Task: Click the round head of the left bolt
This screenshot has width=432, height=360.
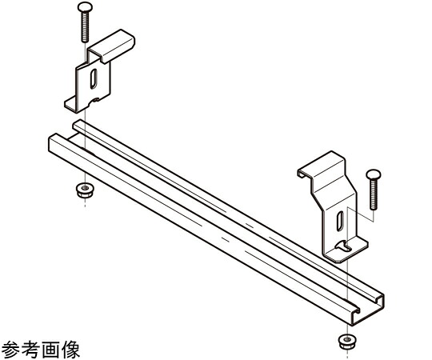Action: (85, 7)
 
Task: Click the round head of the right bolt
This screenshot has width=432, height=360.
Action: (374, 174)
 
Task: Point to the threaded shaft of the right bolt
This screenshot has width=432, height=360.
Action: (374, 194)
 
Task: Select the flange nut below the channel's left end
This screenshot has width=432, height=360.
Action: (85, 190)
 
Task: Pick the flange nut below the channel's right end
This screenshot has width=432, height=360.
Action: (346, 342)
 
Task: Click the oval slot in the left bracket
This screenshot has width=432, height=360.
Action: (94, 78)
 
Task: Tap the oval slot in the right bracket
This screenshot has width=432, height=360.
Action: (340, 221)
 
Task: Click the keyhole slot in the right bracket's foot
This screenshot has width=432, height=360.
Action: (342, 245)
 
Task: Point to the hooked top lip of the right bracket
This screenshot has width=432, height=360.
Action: (321, 165)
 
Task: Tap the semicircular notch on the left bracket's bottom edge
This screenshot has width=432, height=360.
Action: (95, 100)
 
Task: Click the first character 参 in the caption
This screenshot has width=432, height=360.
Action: (11, 349)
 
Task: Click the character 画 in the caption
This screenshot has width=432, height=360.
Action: (50, 349)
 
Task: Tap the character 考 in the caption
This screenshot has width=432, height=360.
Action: (31, 349)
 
